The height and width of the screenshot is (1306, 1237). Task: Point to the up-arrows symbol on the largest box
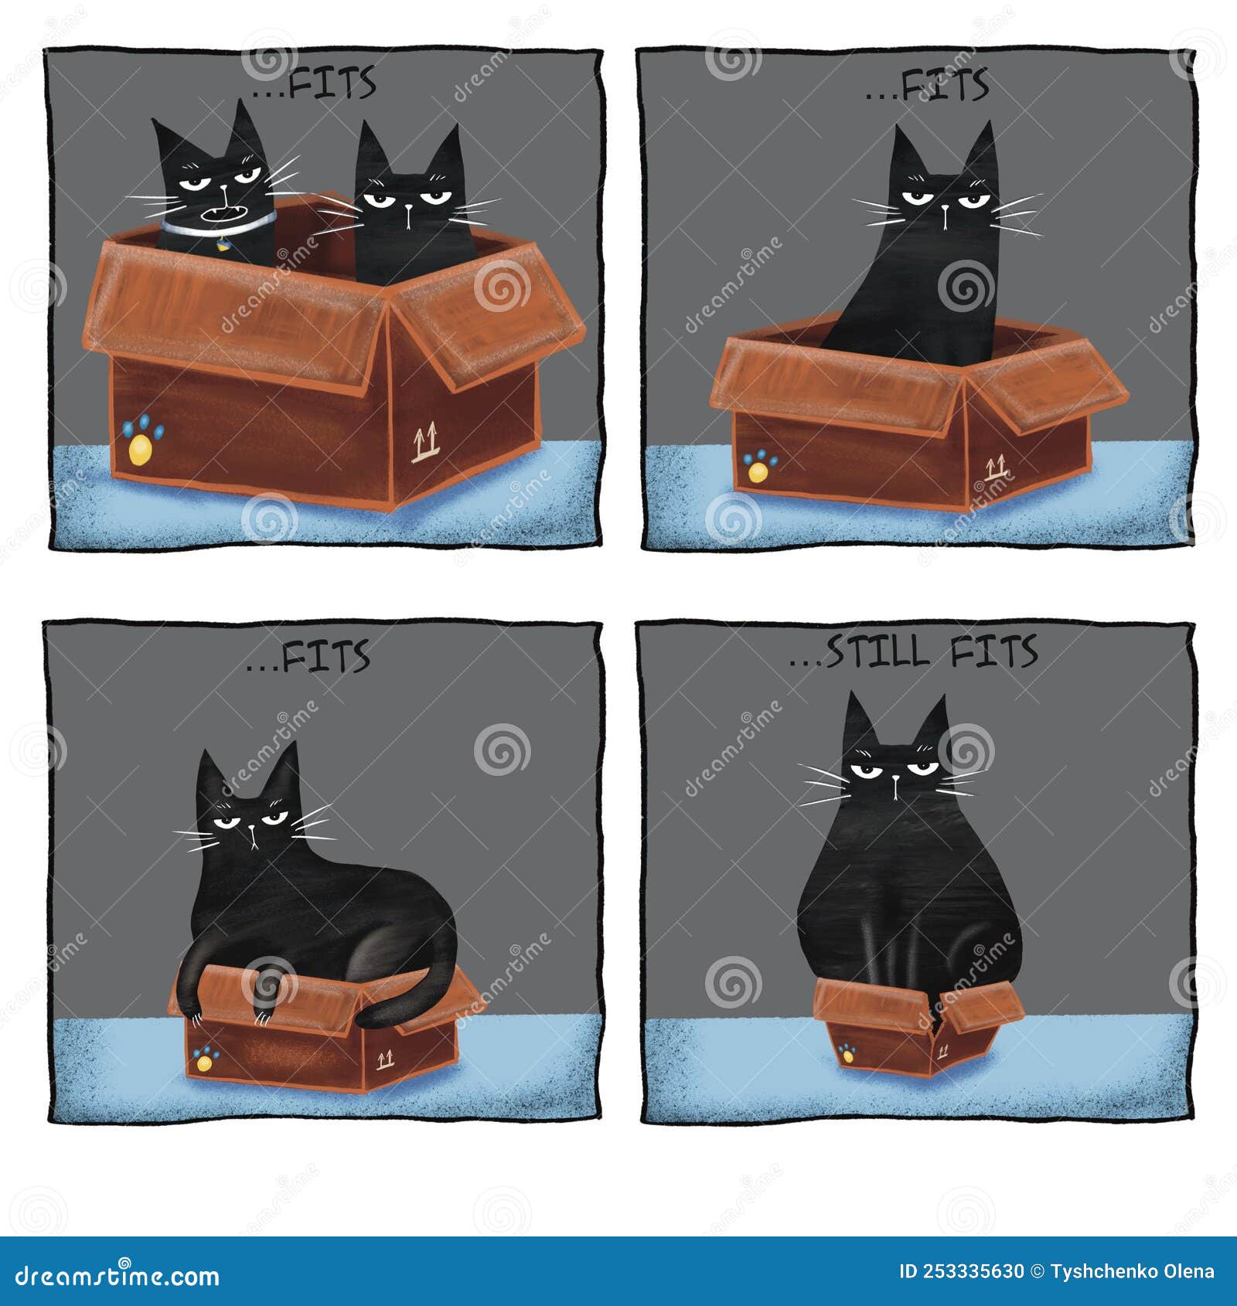tap(423, 442)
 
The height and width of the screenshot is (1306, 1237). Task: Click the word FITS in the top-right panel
tap(946, 85)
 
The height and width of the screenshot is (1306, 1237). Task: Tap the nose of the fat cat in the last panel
tap(895, 781)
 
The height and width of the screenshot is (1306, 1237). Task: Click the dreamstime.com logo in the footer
tap(117, 1275)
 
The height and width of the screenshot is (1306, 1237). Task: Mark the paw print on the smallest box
tap(849, 1052)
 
